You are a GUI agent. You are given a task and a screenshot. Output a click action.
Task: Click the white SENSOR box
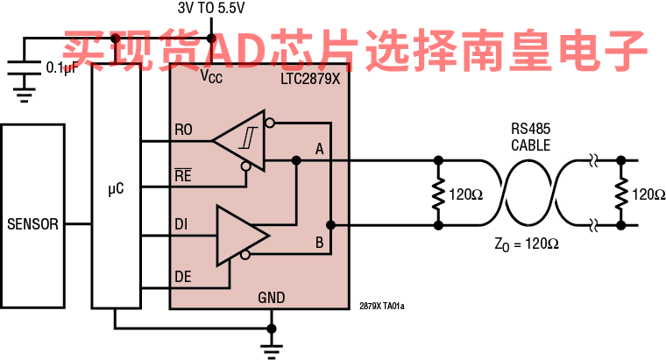pos(32,215)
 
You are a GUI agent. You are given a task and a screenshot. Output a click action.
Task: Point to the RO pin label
pos(183,131)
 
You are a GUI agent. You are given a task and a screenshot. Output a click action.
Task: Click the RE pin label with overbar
pos(183,175)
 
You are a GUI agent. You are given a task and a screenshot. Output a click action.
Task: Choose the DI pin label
pos(181,225)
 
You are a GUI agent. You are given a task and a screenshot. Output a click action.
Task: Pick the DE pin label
pos(182,277)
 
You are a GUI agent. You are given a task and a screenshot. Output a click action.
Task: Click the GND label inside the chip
pos(272,298)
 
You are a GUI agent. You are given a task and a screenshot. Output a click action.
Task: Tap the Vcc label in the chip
pos(210,76)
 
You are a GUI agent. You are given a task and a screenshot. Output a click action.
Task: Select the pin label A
pos(319,149)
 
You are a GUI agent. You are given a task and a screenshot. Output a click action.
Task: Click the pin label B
pos(319,243)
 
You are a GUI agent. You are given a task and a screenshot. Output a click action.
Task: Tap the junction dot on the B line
pos(330,225)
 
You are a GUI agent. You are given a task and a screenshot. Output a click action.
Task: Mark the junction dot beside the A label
pos(296,160)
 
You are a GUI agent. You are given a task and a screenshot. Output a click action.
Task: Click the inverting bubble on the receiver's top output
pos(270,123)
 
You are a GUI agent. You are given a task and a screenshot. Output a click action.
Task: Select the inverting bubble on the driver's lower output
pos(246,255)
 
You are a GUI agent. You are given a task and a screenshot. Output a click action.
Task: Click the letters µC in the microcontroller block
pos(116,188)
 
